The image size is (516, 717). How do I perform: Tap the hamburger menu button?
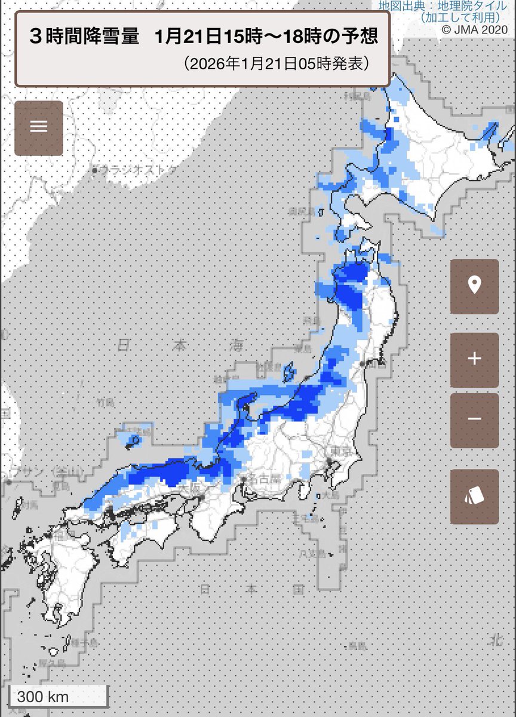point(39,128)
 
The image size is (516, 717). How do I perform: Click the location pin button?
point(474,286)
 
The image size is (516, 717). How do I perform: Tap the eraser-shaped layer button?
point(474,497)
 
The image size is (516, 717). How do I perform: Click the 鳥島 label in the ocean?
point(357,646)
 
